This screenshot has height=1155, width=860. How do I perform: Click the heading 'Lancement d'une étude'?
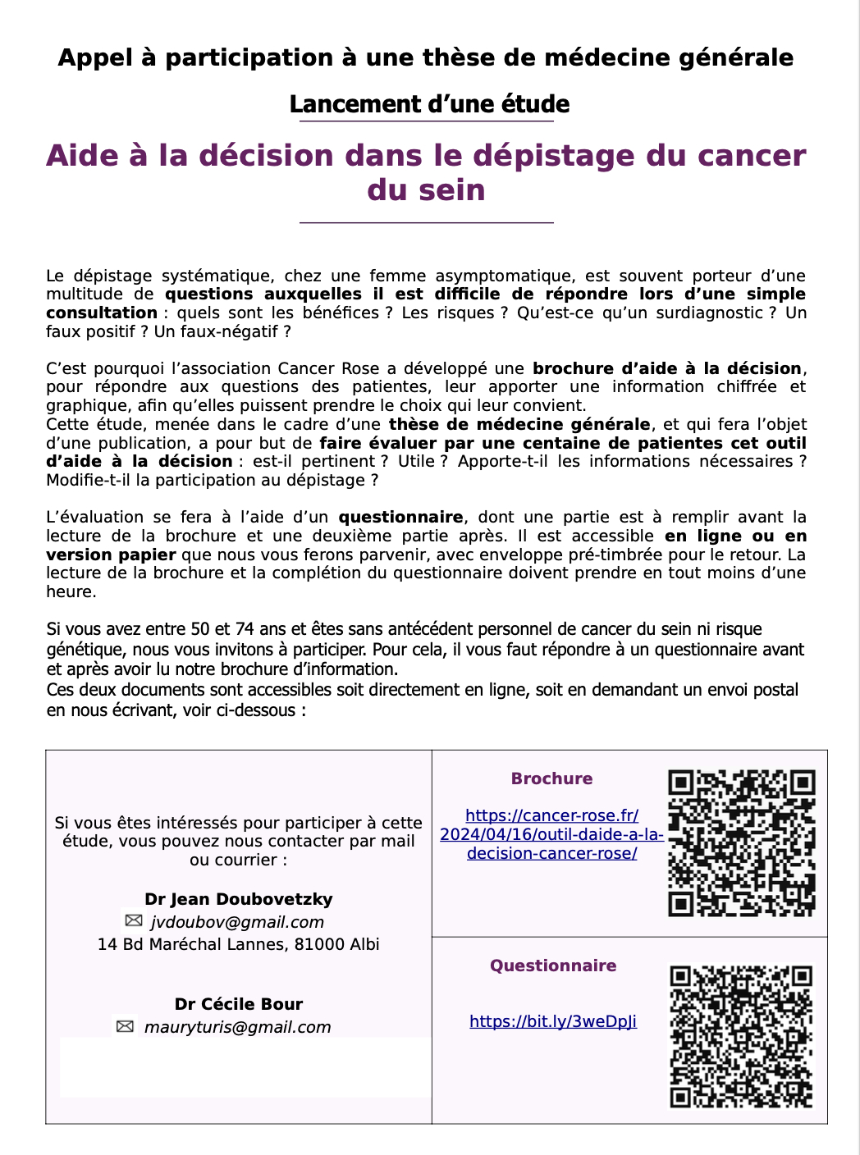[429, 104]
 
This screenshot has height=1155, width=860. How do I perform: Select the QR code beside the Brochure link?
[742, 842]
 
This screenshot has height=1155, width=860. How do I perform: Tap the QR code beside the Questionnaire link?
[741, 1036]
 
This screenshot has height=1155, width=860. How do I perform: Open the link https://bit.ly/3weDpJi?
[553, 1021]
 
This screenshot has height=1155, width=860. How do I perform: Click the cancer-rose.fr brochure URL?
[551, 834]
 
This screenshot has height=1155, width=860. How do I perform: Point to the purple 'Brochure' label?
[551, 778]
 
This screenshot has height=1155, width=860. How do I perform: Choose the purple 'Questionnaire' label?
[553, 966]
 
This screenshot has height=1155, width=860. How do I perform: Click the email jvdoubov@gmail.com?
[237, 922]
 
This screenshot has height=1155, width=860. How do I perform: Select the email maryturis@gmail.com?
[237, 1027]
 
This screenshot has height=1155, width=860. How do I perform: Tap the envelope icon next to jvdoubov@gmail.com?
[134, 920]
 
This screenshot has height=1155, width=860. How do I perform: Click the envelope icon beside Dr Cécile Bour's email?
[125, 1026]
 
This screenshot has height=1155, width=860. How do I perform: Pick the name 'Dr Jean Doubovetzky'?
[239, 899]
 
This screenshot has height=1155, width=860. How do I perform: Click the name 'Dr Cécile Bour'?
[239, 1004]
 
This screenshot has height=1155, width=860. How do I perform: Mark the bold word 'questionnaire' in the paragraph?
[400, 517]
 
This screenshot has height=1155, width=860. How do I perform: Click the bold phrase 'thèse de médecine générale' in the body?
[519, 424]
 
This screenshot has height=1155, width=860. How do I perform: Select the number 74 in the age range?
[245, 629]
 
